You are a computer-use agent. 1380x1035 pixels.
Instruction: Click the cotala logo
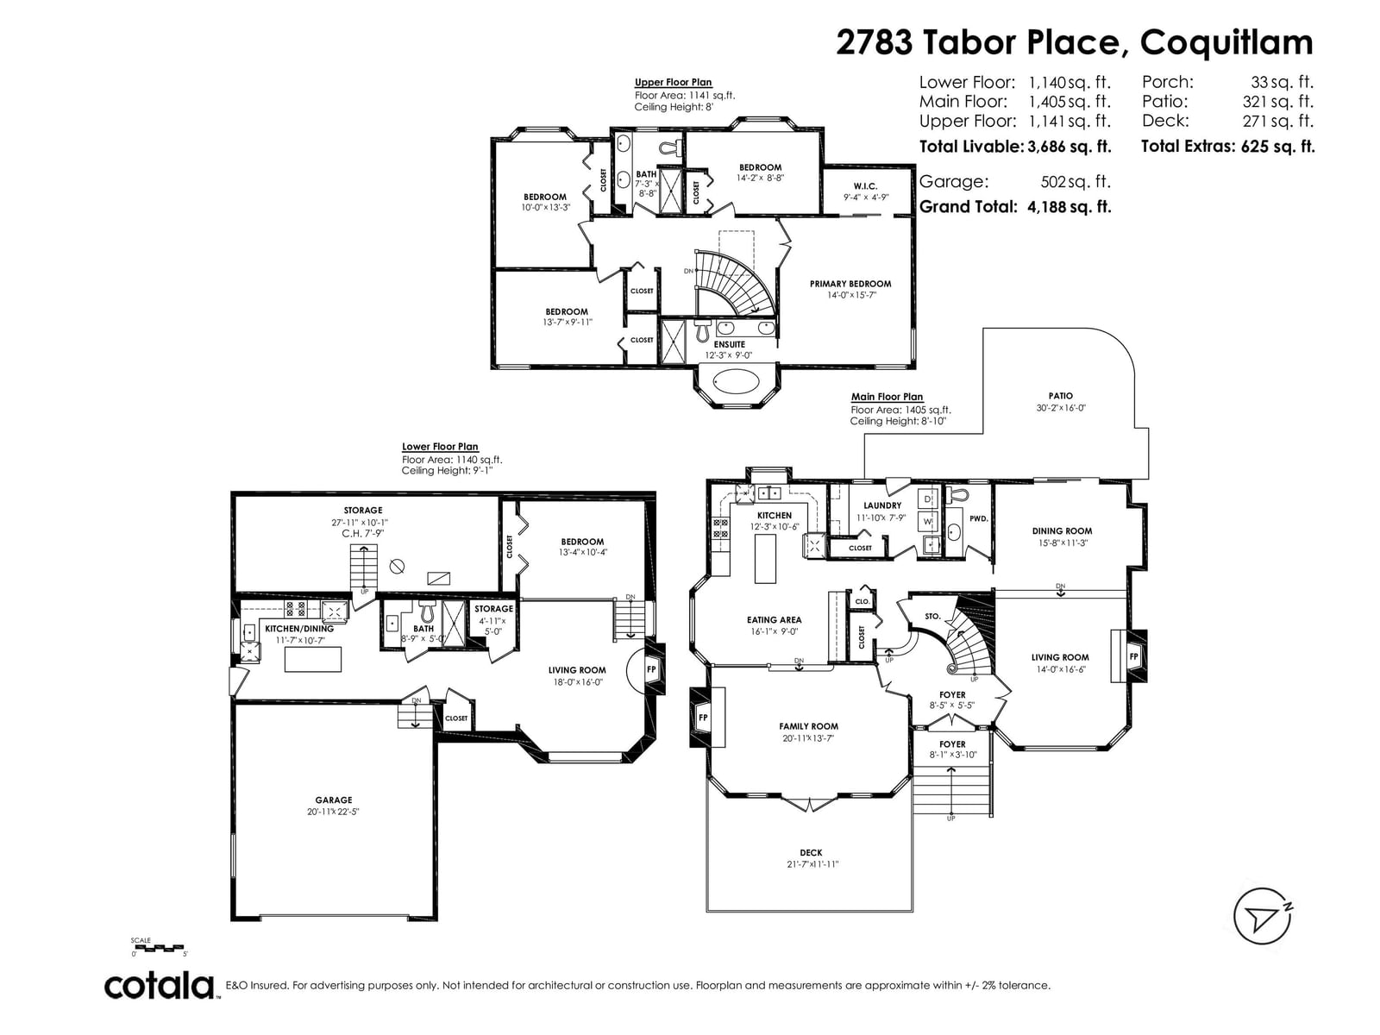[160, 987]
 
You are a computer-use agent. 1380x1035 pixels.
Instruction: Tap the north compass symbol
[1262, 916]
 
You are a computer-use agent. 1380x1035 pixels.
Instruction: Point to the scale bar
[157, 947]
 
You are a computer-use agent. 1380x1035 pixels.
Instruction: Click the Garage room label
[333, 800]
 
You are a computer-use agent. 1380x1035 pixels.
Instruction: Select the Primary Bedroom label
[850, 284]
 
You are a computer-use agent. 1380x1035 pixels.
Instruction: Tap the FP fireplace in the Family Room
[704, 717]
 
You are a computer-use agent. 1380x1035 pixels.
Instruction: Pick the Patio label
[1060, 396]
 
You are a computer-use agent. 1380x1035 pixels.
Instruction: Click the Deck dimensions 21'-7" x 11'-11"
[812, 864]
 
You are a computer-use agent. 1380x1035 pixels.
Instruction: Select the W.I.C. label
[865, 186]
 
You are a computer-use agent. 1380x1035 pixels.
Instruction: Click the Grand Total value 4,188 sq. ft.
[1069, 207]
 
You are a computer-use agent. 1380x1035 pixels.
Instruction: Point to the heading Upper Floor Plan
[673, 82]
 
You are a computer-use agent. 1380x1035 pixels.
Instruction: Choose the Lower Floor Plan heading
[440, 447]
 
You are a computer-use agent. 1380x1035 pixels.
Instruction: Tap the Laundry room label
[882, 505]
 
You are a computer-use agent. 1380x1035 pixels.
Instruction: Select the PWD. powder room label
[979, 519]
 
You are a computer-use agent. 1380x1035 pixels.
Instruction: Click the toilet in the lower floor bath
[427, 610]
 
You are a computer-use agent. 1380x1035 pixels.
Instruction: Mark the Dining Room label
[1062, 531]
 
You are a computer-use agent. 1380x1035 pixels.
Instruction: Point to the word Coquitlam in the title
[1226, 43]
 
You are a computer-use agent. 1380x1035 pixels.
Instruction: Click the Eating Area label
[774, 619]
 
